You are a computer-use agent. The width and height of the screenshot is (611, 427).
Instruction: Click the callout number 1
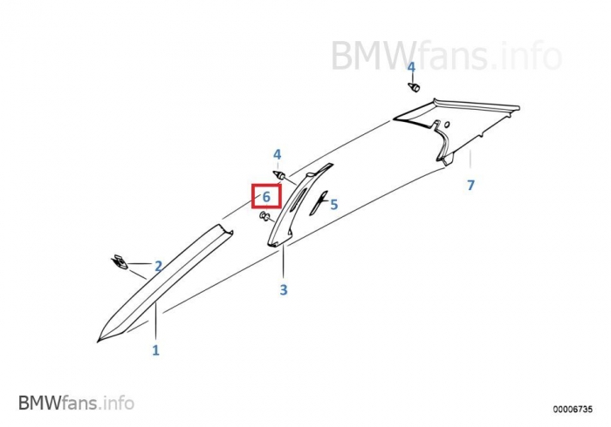point(156,350)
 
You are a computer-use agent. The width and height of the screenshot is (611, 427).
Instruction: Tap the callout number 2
point(158,266)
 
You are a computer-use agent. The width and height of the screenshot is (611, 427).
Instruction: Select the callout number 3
point(284,289)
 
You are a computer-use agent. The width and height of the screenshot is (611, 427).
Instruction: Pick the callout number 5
point(333,205)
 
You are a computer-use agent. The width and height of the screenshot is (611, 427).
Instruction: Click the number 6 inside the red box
point(266,198)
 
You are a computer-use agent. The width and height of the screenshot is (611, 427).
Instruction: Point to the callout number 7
point(470,186)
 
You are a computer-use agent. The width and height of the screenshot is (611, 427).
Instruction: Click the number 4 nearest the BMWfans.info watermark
point(411,67)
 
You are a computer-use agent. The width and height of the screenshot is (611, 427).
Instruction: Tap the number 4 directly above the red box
point(278,155)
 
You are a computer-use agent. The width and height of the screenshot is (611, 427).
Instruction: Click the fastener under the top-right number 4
point(415,88)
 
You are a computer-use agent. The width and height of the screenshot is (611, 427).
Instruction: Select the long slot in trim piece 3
point(298,201)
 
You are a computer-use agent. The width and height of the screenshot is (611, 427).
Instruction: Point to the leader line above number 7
point(470,164)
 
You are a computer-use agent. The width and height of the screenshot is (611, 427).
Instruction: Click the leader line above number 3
point(284,262)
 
